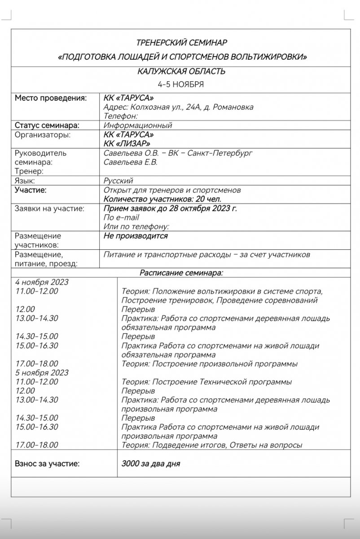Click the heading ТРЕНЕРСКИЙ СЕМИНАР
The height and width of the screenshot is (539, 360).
(x=181, y=43)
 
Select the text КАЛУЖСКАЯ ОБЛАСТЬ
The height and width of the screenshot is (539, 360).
(x=181, y=72)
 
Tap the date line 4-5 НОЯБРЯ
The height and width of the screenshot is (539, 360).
(x=181, y=84)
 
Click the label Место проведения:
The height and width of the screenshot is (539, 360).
(x=51, y=98)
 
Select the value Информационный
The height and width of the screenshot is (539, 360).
(x=138, y=125)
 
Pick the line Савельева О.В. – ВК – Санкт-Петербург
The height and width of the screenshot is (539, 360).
(x=178, y=153)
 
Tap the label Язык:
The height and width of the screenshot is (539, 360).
(x=25, y=181)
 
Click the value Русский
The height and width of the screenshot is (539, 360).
(x=118, y=181)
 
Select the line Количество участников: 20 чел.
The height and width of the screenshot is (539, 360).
(x=162, y=199)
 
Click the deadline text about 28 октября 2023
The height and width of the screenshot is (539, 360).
(x=170, y=208)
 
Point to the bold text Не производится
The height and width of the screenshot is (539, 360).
(x=136, y=236)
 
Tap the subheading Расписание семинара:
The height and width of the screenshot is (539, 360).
(x=181, y=273)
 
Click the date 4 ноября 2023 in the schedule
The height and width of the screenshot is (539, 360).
(x=42, y=282)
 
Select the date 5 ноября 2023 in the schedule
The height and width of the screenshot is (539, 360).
(x=42, y=373)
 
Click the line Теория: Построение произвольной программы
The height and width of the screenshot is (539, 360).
(x=210, y=364)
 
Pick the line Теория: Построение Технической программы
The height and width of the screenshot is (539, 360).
(x=207, y=382)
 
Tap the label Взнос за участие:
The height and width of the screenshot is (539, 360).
(x=47, y=464)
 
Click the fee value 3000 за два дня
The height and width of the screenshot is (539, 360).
(x=151, y=464)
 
